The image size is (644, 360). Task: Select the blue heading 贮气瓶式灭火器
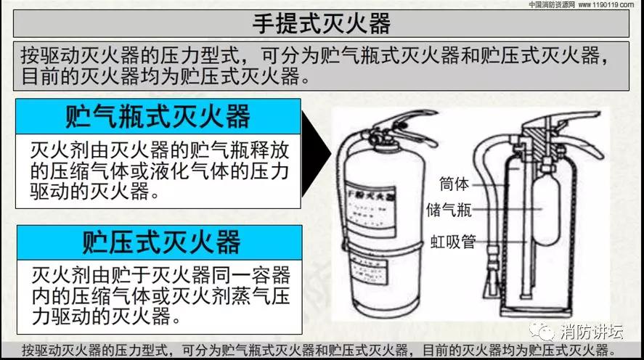[x=158, y=116]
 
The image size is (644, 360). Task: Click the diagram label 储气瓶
[x=449, y=210]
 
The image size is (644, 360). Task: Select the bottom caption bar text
[x=322, y=351]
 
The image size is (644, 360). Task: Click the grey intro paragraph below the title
[x=322, y=65]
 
